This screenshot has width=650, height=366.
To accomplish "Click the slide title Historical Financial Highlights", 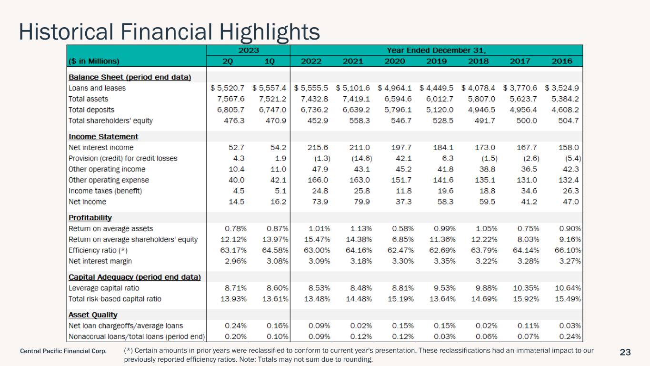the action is click(170, 32).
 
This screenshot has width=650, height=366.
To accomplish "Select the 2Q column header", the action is click(228, 61).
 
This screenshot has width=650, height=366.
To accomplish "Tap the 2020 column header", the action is click(395, 61).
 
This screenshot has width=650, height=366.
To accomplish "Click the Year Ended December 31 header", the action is click(436, 50).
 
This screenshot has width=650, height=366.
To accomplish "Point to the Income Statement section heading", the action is click(103, 136).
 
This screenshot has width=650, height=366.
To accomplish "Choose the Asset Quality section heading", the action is click(93, 315).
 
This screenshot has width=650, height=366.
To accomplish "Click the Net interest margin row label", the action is click(100, 261).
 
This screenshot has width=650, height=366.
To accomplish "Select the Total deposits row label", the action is click(91, 110).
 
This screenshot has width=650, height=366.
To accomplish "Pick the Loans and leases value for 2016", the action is click(562, 88).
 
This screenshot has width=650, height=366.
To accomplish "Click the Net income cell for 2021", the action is click(361, 202).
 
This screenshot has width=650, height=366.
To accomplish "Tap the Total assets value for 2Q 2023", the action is click(230, 99).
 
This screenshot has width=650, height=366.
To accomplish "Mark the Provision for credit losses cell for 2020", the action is click(403, 158).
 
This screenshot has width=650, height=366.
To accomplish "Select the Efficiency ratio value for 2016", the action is click(568, 250).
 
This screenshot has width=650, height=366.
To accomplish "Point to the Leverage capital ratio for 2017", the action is click(526, 288).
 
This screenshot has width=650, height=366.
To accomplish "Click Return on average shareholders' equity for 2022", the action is click(317, 240).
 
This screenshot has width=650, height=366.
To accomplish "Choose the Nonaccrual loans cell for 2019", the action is click(445, 336).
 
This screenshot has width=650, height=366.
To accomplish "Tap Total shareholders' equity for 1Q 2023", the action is click(276, 121).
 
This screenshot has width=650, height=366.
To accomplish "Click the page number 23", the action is click(625, 352).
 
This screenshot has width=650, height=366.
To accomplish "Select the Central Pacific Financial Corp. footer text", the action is click(63, 351).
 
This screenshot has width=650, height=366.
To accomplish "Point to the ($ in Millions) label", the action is click(94, 61).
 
